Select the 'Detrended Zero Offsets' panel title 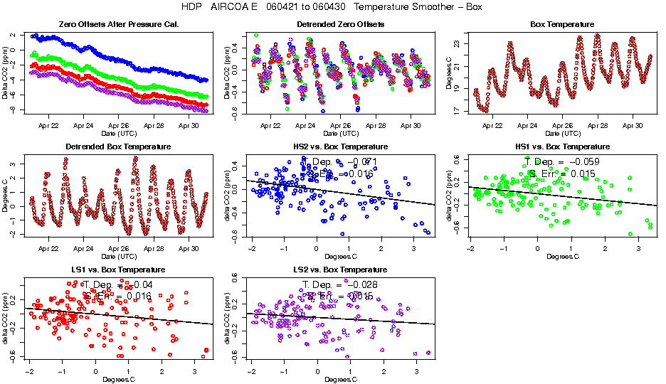pos(340,25)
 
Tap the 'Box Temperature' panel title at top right pos(562,25)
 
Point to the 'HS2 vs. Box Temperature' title pos(340,147)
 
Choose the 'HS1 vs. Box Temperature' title pos(562,147)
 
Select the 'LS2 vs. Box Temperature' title pos(340,270)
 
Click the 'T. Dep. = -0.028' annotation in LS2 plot pos(339,284)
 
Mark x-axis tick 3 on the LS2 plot pos(415,371)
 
